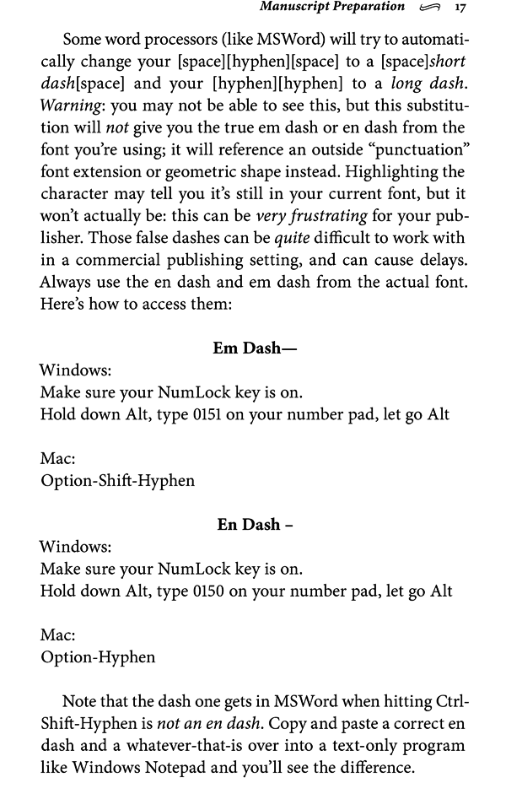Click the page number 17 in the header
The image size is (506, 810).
(460, 8)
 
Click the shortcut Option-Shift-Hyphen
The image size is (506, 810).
(117, 481)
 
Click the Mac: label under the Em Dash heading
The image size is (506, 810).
(57, 459)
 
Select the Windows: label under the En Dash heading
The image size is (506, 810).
(75, 546)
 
